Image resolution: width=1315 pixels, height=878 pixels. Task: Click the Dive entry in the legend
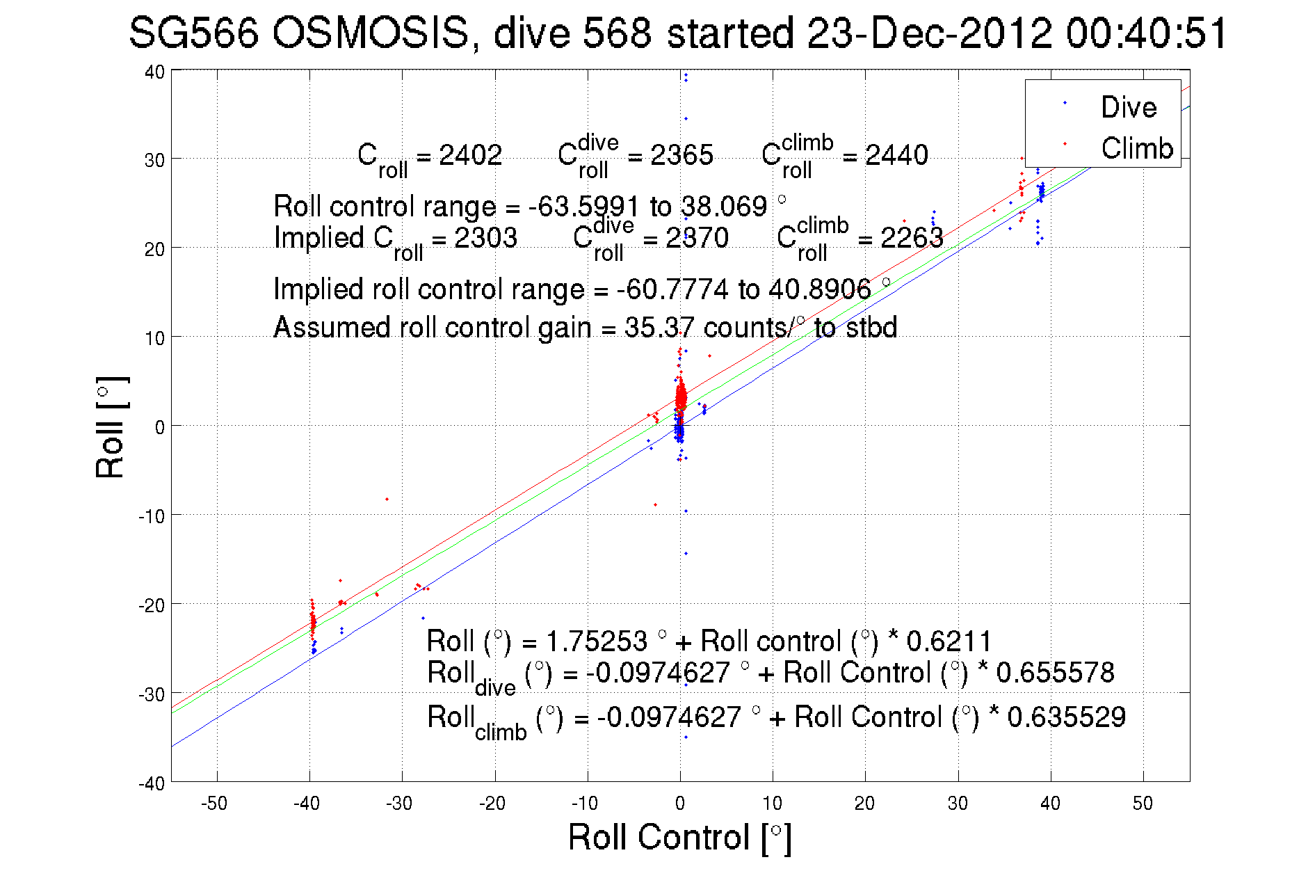click(1128, 107)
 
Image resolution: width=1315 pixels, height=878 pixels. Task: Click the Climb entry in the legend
click(1136, 148)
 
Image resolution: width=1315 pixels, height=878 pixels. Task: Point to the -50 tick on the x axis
click(214, 804)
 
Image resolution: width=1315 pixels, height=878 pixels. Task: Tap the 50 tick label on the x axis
click(1143, 804)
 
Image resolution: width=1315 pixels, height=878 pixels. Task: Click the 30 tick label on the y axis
click(154, 160)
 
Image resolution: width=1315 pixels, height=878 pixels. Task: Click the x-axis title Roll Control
click(679, 837)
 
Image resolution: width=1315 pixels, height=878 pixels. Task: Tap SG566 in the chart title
click(193, 33)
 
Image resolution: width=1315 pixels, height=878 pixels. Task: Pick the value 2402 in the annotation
click(471, 154)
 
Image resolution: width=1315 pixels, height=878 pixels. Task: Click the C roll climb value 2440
click(896, 154)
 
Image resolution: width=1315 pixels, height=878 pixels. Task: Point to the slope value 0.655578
click(1055, 672)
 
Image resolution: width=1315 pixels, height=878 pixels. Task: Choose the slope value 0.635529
click(1066, 717)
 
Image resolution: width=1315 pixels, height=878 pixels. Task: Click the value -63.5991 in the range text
click(583, 206)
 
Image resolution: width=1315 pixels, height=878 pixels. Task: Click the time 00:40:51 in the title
click(1147, 33)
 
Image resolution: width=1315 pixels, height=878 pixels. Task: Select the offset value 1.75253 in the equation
click(597, 641)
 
